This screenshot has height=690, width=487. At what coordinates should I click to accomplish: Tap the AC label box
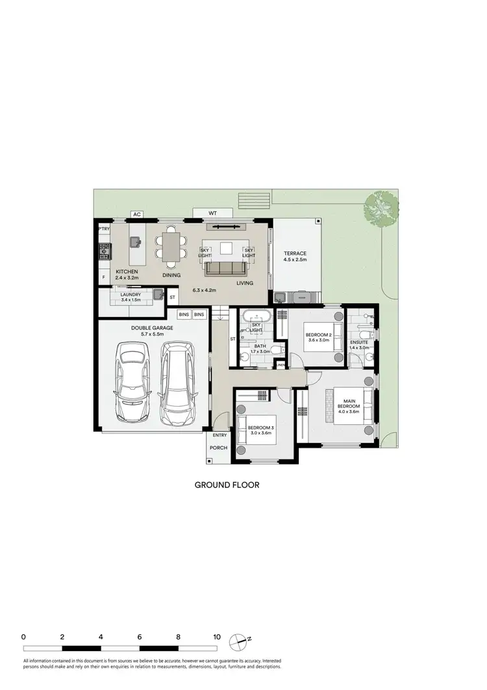coord(136,214)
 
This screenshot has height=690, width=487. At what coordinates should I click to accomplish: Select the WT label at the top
coord(212,213)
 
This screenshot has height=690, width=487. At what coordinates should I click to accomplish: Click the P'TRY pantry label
coord(103,229)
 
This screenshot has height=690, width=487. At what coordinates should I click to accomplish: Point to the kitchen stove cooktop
coord(103,250)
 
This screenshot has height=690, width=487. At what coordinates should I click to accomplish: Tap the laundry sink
coord(156,296)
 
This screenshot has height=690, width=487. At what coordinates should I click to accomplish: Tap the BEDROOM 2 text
coord(319,335)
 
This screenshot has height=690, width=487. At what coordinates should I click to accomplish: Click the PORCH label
coord(219,446)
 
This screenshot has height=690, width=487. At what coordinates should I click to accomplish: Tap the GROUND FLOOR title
coord(227,485)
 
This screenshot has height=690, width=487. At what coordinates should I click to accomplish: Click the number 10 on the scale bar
coord(216,637)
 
